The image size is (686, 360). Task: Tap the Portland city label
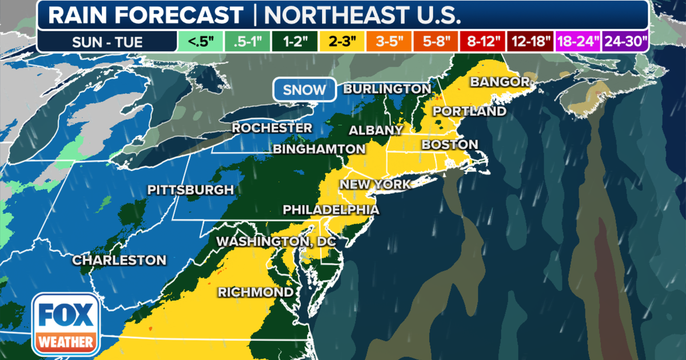coord(469,111)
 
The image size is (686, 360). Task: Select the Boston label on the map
coord(449,145)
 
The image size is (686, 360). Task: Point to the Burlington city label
coord(386,89)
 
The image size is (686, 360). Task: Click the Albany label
coord(376,130)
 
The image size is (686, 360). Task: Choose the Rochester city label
coord(272,128)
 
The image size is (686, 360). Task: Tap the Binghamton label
coord(319,149)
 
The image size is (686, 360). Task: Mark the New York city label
coord(375,185)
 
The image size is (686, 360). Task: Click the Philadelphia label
coord(331,210)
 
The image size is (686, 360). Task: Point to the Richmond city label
coord(256,293)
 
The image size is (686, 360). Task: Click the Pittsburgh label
coord(190,190)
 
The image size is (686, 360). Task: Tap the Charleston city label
coord(119,261)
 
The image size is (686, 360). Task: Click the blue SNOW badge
coord(305,90)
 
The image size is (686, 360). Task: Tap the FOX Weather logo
coord(66,324)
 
